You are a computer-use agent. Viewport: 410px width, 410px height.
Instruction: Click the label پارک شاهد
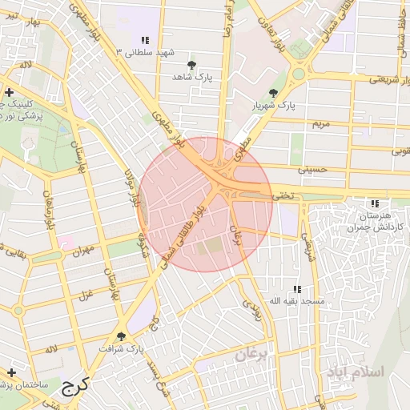pyautogui.click(x=191, y=76)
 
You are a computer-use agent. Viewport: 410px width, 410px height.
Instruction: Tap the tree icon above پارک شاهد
pyautogui.click(x=191, y=64)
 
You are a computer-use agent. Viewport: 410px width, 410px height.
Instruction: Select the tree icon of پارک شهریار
pyautogui.click(x=273, y=94)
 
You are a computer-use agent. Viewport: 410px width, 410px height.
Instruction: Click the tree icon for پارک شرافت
pyautogui.click(x=121, y=337)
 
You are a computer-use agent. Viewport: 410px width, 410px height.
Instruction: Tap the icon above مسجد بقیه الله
pyautogui.click(x=297, y=289)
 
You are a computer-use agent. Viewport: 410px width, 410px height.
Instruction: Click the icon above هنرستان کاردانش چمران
pyautogui.click(x=375, y=204)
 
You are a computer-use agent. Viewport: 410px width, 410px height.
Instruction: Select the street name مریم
pyautogui.click(x=320, y=123)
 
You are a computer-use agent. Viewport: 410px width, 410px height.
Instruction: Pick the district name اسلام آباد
pyautogui.click(x=356, y=372)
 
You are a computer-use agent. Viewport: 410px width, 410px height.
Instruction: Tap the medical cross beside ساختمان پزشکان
pyautogui.click(x=11, y=373)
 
